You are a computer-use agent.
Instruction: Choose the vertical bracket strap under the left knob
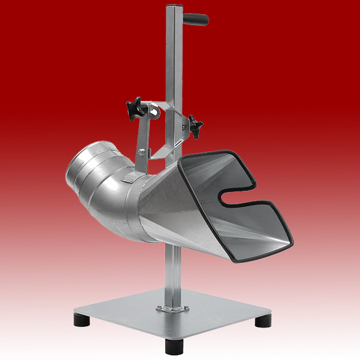tap(142, 134)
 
